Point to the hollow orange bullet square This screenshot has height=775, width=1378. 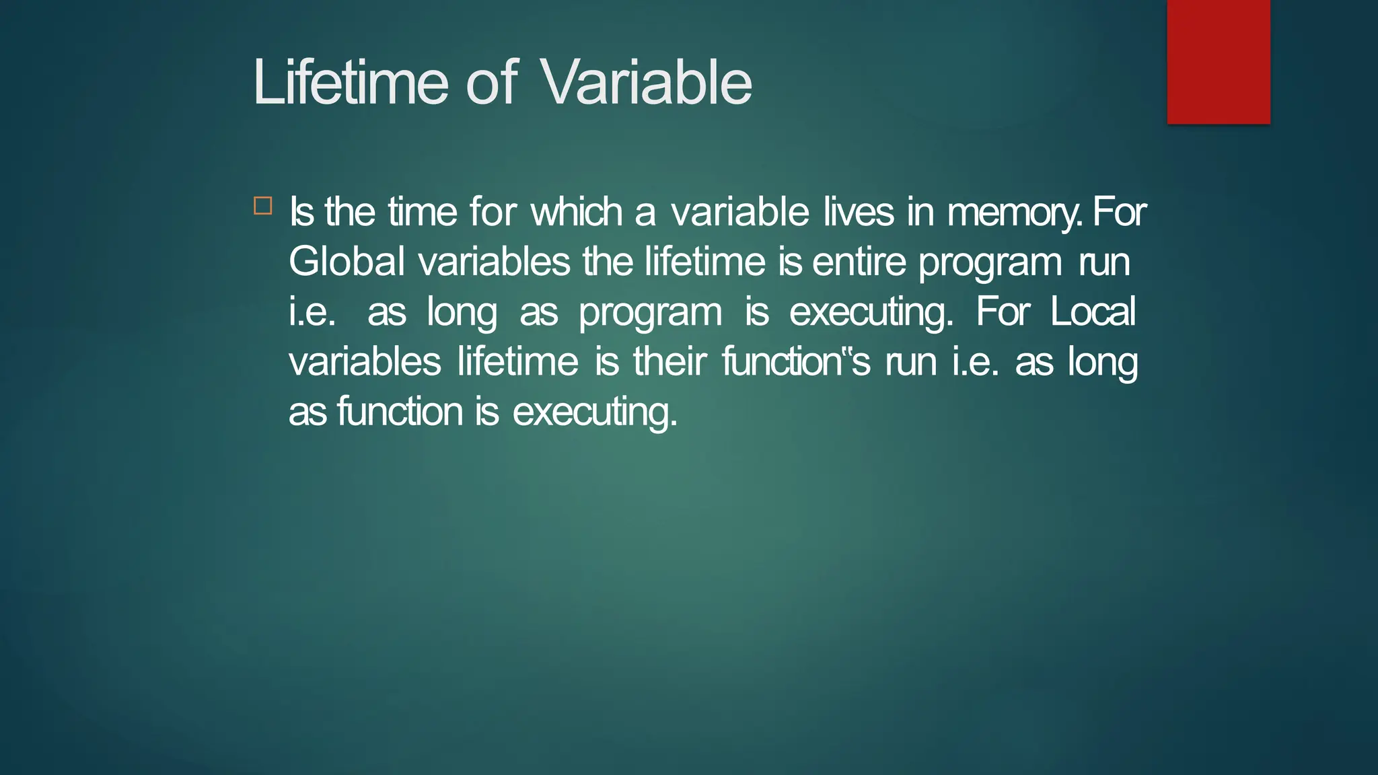pos(263,206)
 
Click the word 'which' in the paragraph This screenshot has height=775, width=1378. pos(577,212)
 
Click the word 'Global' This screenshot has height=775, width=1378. pos(347,262)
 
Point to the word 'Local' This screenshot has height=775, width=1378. pos(1093,311)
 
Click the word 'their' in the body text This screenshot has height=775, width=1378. pos(669,361)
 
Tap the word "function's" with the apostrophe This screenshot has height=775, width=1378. pos(796,361)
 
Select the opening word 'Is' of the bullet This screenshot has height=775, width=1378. pos(301,212)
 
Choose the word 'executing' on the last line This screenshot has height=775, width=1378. pos(595,412)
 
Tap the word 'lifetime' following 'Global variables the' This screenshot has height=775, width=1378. pos(704,262)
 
